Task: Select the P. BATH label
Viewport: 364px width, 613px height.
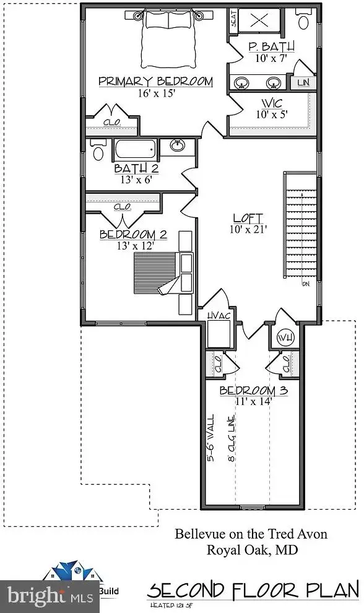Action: pos(271,46)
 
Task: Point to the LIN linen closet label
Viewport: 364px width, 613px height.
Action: pos(303,82)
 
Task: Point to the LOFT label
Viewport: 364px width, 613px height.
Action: pos(248,218)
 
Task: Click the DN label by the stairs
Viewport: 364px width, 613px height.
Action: pos(305,284)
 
